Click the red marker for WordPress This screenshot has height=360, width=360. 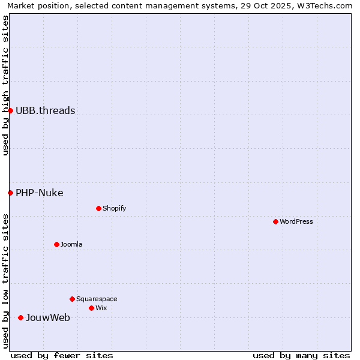click(x=275, y=221)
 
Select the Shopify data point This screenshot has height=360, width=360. click(x=98, y=208)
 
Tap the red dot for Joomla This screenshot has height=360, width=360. click(x=56, y=244)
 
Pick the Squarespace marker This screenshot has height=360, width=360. click(x=72, y=299)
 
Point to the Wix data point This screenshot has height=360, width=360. click(x=91, y=308)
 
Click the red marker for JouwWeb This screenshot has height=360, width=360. click(x=20, y=317)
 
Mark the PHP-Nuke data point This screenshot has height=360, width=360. click(x=10, y=193)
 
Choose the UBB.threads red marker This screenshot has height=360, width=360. click(x=10, y=110)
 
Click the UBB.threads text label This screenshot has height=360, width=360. click(x=45, y=110)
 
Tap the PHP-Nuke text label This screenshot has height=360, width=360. click(x=39, y=193)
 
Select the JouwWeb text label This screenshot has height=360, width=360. click(x=47, y=317)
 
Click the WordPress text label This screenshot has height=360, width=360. click(x=296, y=221)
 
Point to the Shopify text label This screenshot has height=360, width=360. click(x=114, y=208)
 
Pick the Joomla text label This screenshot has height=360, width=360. click(x=71, y=244)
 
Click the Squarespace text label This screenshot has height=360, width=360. click(x=97, y=299)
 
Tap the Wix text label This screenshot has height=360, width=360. click(x=101, y=308)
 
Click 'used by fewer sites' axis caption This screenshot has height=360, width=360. click(x=62, y=355)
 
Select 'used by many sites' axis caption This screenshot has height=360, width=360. click(x=301, y=355)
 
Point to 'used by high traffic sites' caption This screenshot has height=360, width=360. click(x=5, y=85)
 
